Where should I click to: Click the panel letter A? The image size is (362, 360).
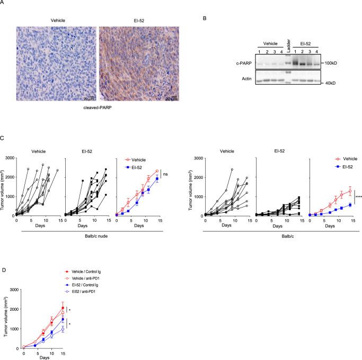4,3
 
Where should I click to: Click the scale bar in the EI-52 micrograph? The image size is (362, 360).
170,97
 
